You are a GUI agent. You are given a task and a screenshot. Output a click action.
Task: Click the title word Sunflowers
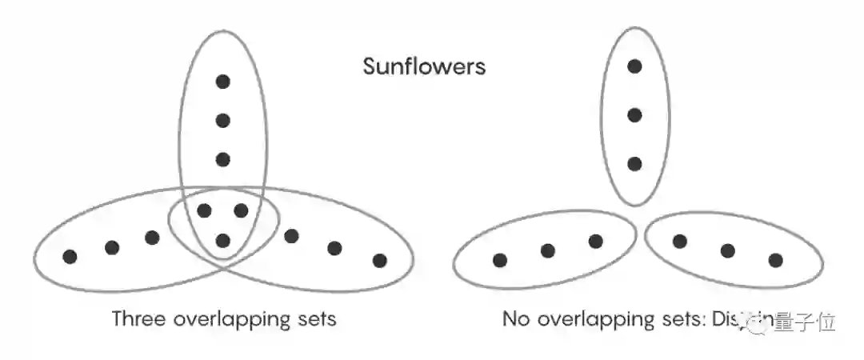(x=424, y=66)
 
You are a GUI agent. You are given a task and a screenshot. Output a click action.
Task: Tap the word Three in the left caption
(x=138, y=319)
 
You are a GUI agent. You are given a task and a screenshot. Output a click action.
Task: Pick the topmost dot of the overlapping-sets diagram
(x=223, y=81)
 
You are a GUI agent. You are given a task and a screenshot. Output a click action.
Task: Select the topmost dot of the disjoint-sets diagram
(x=634, y=66)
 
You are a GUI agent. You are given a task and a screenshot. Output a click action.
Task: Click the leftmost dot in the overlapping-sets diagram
(x=70, y=257)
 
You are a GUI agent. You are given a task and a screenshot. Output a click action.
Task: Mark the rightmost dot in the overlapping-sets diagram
(x=379, y=260)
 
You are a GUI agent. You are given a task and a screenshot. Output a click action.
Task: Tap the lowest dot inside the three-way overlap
(x=223, y=240)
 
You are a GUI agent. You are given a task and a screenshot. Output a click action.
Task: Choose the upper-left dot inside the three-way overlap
(x=205, y=211)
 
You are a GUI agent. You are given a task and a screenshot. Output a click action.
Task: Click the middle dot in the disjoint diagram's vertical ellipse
(x=634, y=115)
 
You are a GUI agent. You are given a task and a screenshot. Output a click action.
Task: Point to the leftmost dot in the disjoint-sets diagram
(x=500, y=260)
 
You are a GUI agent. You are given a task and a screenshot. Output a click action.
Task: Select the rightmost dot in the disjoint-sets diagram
(x=775, y=260)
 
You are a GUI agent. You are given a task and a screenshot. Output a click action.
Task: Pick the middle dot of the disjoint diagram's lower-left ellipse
(x=548, y=250)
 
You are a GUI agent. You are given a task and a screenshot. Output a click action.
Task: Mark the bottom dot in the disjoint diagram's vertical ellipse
(x=634, y=164)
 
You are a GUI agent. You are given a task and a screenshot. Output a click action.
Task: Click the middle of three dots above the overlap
(x=223, y=121)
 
